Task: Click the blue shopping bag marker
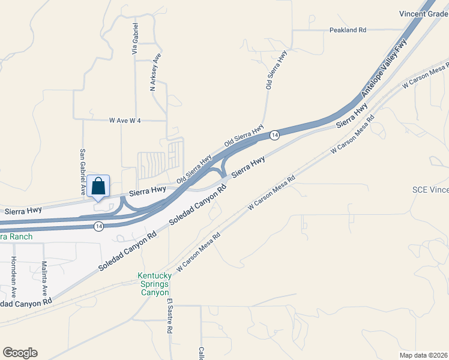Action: click(x=98, y=187)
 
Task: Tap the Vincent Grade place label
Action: click(x=423, y=14)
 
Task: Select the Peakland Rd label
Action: click(x=348, y=30)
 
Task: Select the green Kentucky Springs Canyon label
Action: click(x=155, y=284)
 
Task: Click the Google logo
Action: click(x=20, y=353)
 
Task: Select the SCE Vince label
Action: click(x=430, y=190)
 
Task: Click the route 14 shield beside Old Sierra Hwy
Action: click(x=274, y=136)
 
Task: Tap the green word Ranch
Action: click(x=15, y=237)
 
